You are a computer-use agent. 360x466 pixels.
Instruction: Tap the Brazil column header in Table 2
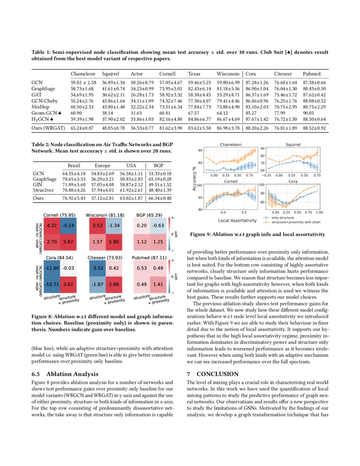coord(74,165)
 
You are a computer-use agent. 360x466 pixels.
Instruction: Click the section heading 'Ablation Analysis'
coord(72,374)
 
